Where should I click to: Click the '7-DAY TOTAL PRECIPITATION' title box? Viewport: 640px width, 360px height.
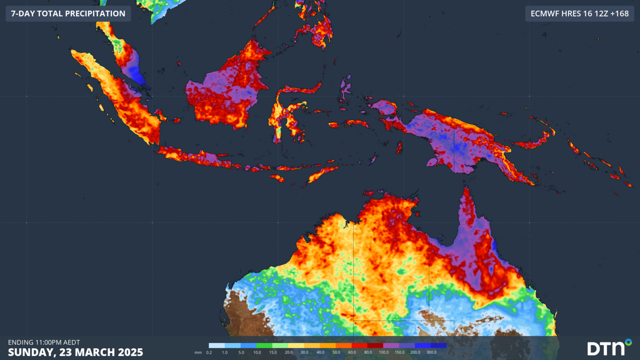coord(68,14)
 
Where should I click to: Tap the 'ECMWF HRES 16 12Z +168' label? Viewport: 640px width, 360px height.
coord(579,14)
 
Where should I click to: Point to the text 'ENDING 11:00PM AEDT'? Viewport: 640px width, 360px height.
coord(44,342)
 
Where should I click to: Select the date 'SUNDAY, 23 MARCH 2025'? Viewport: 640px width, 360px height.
coord(75,352)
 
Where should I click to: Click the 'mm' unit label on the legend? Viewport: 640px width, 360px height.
coord(198,352)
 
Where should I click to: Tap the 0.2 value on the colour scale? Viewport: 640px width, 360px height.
coord(209,352)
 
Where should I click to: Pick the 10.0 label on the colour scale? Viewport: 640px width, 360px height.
coord(257,352)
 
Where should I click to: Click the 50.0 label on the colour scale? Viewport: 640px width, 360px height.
coord(336,352)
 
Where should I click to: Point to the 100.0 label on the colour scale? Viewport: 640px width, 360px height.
coord(384,352)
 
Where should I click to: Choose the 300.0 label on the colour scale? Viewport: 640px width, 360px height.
coord(431,352)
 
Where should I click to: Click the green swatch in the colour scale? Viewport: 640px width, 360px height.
coord(264,345)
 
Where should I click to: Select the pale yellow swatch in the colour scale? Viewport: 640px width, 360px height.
coord(296,345)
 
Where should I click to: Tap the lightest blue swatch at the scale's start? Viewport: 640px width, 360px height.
coord(217,345)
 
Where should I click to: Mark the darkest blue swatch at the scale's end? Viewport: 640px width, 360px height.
coord(439,345)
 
